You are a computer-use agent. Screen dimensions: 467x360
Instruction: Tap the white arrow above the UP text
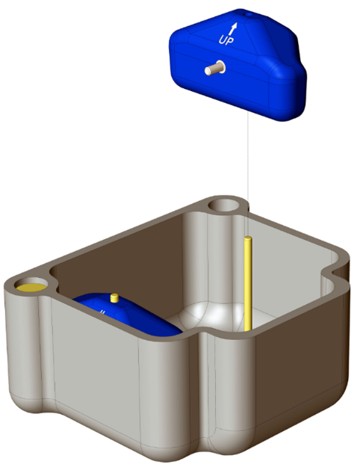click(234, 28)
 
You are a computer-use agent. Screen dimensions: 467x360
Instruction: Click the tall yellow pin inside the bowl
click(247, 284)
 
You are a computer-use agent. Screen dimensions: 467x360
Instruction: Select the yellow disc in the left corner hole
click(32, 286)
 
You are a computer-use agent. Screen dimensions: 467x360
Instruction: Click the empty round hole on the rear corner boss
click(223, 203)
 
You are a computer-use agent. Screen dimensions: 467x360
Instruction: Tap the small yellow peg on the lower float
click(114, 297)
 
